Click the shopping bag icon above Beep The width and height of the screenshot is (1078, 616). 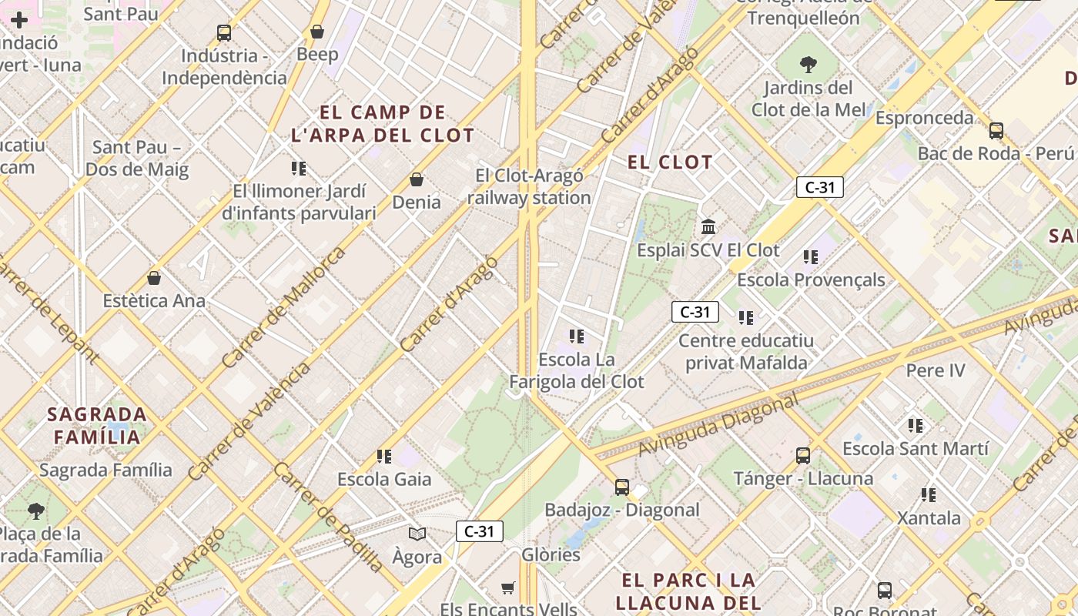316,32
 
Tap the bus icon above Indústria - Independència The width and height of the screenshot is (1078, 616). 224,33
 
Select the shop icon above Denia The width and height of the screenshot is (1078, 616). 417,179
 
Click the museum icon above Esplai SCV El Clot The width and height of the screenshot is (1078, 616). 708,227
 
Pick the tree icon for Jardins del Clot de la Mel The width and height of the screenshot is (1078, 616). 808,65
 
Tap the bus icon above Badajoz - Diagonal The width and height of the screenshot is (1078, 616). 621,487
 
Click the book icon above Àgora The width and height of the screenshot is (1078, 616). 417,534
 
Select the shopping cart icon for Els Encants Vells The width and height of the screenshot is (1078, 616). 507,588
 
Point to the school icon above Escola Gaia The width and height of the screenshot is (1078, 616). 384,457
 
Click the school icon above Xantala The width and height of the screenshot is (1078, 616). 929,495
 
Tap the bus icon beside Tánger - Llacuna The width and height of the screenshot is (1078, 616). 803,456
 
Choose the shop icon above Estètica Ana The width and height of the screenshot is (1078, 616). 154,278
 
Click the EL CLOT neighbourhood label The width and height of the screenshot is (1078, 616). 670,162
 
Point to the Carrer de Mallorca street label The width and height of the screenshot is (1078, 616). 283,308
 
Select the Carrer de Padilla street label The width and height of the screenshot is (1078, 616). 328,517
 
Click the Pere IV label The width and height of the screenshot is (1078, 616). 935,370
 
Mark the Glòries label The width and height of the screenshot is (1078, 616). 551,554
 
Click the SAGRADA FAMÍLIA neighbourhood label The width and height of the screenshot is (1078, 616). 96,426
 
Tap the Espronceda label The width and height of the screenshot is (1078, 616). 924,118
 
